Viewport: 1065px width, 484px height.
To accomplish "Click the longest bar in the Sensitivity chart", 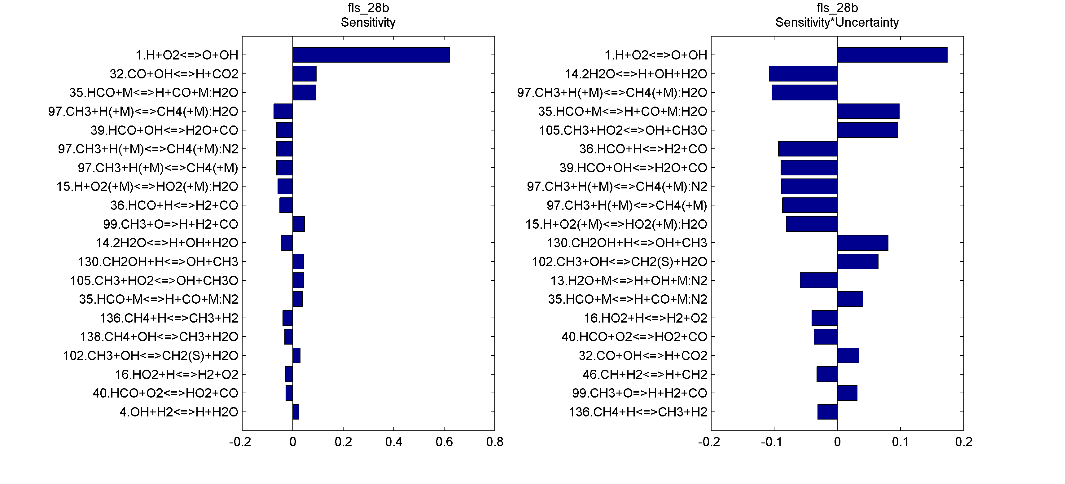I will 371,55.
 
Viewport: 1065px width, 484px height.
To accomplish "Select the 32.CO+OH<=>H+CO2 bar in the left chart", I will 304,74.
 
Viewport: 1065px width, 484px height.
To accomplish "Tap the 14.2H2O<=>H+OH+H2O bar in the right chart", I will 803,74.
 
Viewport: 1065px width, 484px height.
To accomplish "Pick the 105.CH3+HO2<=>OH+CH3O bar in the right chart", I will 867,130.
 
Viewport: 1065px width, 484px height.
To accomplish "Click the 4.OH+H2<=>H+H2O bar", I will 296,411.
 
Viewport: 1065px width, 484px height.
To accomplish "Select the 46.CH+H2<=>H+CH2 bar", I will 826,374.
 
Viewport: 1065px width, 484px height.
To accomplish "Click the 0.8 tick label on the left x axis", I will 494,442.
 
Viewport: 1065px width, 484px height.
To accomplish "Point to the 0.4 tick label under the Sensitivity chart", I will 394,442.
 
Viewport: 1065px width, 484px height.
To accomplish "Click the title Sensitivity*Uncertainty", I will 837,22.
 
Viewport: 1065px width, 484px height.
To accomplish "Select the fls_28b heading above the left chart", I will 368,8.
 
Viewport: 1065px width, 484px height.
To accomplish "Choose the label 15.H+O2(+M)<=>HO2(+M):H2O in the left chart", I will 147,187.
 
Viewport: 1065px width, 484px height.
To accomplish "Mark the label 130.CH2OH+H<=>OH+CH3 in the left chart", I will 158,262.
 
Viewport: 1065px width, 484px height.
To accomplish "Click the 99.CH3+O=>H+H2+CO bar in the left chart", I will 299,224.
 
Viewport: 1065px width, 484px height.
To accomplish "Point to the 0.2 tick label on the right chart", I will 963,442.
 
